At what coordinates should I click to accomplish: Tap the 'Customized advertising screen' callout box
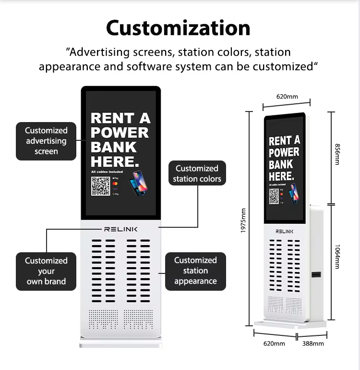point(47,141)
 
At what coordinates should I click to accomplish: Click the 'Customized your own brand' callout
point(46,271)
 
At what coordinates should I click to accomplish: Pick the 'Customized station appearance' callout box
point(195,271)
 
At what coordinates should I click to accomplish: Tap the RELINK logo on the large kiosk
point(120,229)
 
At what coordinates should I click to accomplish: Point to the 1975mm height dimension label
point(243,221)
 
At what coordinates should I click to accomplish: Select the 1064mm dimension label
point(337,257)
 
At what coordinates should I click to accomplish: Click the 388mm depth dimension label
point(313,344)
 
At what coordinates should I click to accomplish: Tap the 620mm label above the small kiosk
point(287,97)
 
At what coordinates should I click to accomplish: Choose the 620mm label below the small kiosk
point(274,344)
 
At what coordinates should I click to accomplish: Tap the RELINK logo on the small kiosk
point(284,231)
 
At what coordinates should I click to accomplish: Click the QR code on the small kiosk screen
point(274,196)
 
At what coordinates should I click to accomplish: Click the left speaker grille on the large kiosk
point(103,319)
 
